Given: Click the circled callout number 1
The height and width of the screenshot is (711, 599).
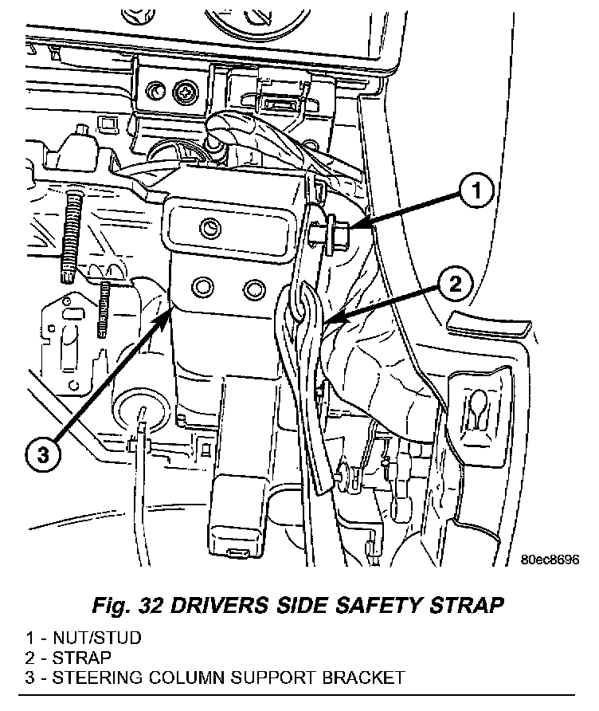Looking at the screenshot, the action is [x=476, y=191].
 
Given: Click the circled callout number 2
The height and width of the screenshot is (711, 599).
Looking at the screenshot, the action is [x=455, y=285].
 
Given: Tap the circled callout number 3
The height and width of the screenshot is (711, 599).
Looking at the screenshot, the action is [x=42, y=454].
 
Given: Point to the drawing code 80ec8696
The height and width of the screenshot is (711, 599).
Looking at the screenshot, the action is [x=550, y=560].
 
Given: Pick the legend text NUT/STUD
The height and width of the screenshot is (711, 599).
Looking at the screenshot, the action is [x=97, y=638].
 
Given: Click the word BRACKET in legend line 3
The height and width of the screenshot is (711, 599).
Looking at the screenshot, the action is [x=363, y=678].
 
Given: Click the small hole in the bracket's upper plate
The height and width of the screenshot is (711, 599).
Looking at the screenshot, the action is [x=210, y=226].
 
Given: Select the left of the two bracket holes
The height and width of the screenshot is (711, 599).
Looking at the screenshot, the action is [x=203, y=287].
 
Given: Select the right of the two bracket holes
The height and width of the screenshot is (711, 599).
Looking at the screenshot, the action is [x=254, y=289].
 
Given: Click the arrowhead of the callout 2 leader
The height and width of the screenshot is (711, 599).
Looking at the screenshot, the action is [x=331, y=321].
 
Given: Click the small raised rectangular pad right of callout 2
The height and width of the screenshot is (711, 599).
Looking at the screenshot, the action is [x=488, y=325].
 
